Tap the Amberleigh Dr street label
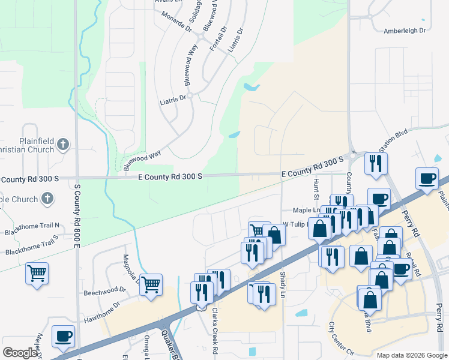click(405, 30)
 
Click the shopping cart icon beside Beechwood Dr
click(151, 284)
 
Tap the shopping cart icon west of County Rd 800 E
click(37, 273)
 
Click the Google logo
click(20, 353)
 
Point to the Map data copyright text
click(412, 355)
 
